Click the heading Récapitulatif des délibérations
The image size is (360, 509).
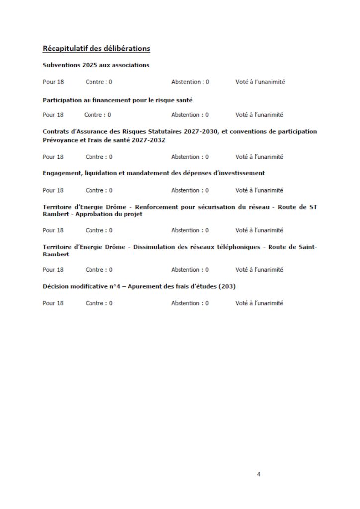click(96, 48)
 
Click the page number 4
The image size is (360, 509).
click(259, 474)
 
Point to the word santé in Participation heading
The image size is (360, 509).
click(182, 100)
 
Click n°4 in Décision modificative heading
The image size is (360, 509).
click(107, 287)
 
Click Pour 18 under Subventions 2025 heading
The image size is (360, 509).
click(53, 82)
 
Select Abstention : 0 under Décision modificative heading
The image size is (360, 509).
click(190, 303)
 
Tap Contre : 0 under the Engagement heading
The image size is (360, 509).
click(99, 190)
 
